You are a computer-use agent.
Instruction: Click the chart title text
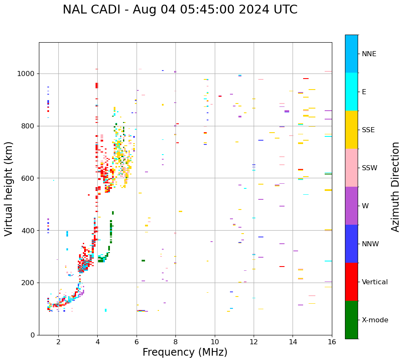coord(180,10)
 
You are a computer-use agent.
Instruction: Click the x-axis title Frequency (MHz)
coord(185,352)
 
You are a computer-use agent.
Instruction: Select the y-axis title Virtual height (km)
coord(9,188)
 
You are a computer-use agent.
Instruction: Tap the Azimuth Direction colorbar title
coord(395,186)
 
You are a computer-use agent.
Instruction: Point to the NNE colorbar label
coord(369,54)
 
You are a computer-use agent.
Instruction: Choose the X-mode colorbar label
coord(375,320)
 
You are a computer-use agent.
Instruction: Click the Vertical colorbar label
coord(375,282)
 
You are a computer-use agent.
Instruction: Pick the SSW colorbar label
coord(369,168)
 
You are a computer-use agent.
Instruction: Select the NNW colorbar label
coord(370,244)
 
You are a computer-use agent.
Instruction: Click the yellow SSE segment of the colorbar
coord(351,130)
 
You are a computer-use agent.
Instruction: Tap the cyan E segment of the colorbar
coord(351,92)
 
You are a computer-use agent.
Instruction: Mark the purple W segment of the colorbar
coord(351,206)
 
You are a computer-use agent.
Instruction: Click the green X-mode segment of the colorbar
coord(351,320)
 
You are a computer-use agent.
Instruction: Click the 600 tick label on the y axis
coord(28,178)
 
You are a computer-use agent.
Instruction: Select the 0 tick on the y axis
coord(33,335)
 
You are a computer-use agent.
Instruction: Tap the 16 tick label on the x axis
coord(332,342)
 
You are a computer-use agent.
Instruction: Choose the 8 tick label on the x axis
coord(175,342)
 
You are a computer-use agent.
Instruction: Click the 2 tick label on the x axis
coord(58,342)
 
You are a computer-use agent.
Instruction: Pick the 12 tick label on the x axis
coord(254,342)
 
